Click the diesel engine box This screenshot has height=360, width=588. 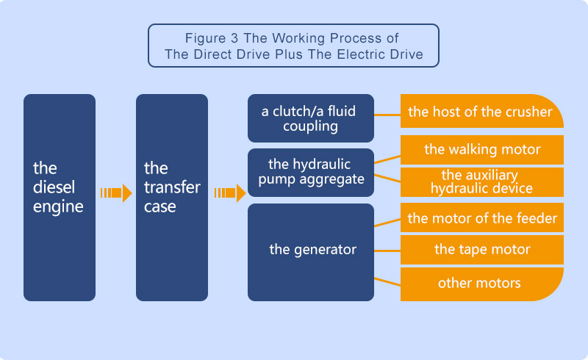coord(60,197)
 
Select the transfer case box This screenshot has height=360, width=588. coord(172,197)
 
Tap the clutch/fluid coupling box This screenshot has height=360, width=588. coord(311,118)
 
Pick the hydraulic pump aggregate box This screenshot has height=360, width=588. coord(311,173)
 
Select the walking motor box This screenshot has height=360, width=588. coord(481,150)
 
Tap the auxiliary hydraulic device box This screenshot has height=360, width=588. coord(481,181)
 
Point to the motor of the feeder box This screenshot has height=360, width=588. coord(481,217)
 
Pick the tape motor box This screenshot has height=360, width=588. coord(481,250)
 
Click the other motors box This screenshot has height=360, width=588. coord(481,283)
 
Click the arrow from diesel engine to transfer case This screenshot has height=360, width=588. coord(116,193)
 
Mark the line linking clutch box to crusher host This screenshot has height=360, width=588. coord(387,113)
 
